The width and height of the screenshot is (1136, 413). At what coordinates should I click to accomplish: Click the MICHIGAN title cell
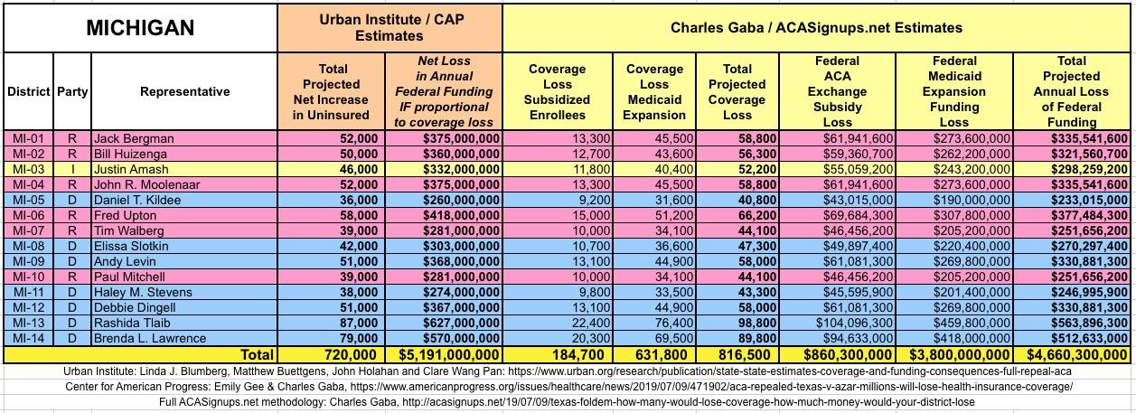(x=140, y=28)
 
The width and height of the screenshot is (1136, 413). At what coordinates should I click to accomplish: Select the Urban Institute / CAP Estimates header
(x=389, y=28)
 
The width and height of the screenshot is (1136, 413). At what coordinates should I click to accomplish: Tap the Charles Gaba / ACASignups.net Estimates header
(x=816, y=28)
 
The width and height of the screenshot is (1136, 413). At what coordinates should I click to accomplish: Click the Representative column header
(x=184, y=91)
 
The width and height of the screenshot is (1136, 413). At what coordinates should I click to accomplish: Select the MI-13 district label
(x=29, y=323)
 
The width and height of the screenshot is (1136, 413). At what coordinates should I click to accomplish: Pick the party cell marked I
(x=72, y=169)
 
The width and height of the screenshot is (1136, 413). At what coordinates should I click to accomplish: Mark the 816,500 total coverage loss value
(x=737, y=355)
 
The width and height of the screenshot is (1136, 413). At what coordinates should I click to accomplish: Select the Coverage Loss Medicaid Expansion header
(x=654, y=91)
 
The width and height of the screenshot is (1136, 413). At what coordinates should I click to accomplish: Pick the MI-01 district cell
(x=29, y=138)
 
